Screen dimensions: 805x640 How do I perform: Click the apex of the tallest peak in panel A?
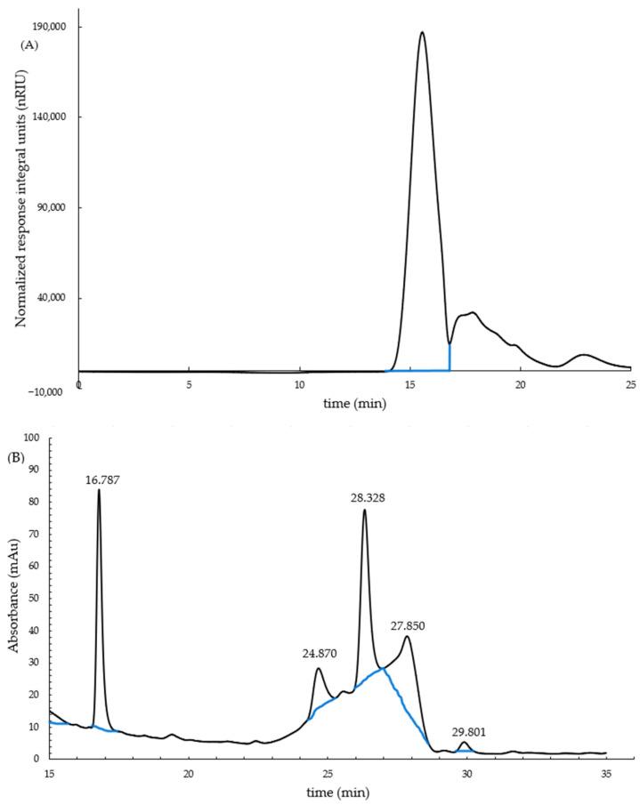pos(422,33)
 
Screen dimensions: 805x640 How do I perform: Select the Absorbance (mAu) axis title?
pos(15,599)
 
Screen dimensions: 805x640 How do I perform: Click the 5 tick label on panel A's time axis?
pos(189,385)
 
